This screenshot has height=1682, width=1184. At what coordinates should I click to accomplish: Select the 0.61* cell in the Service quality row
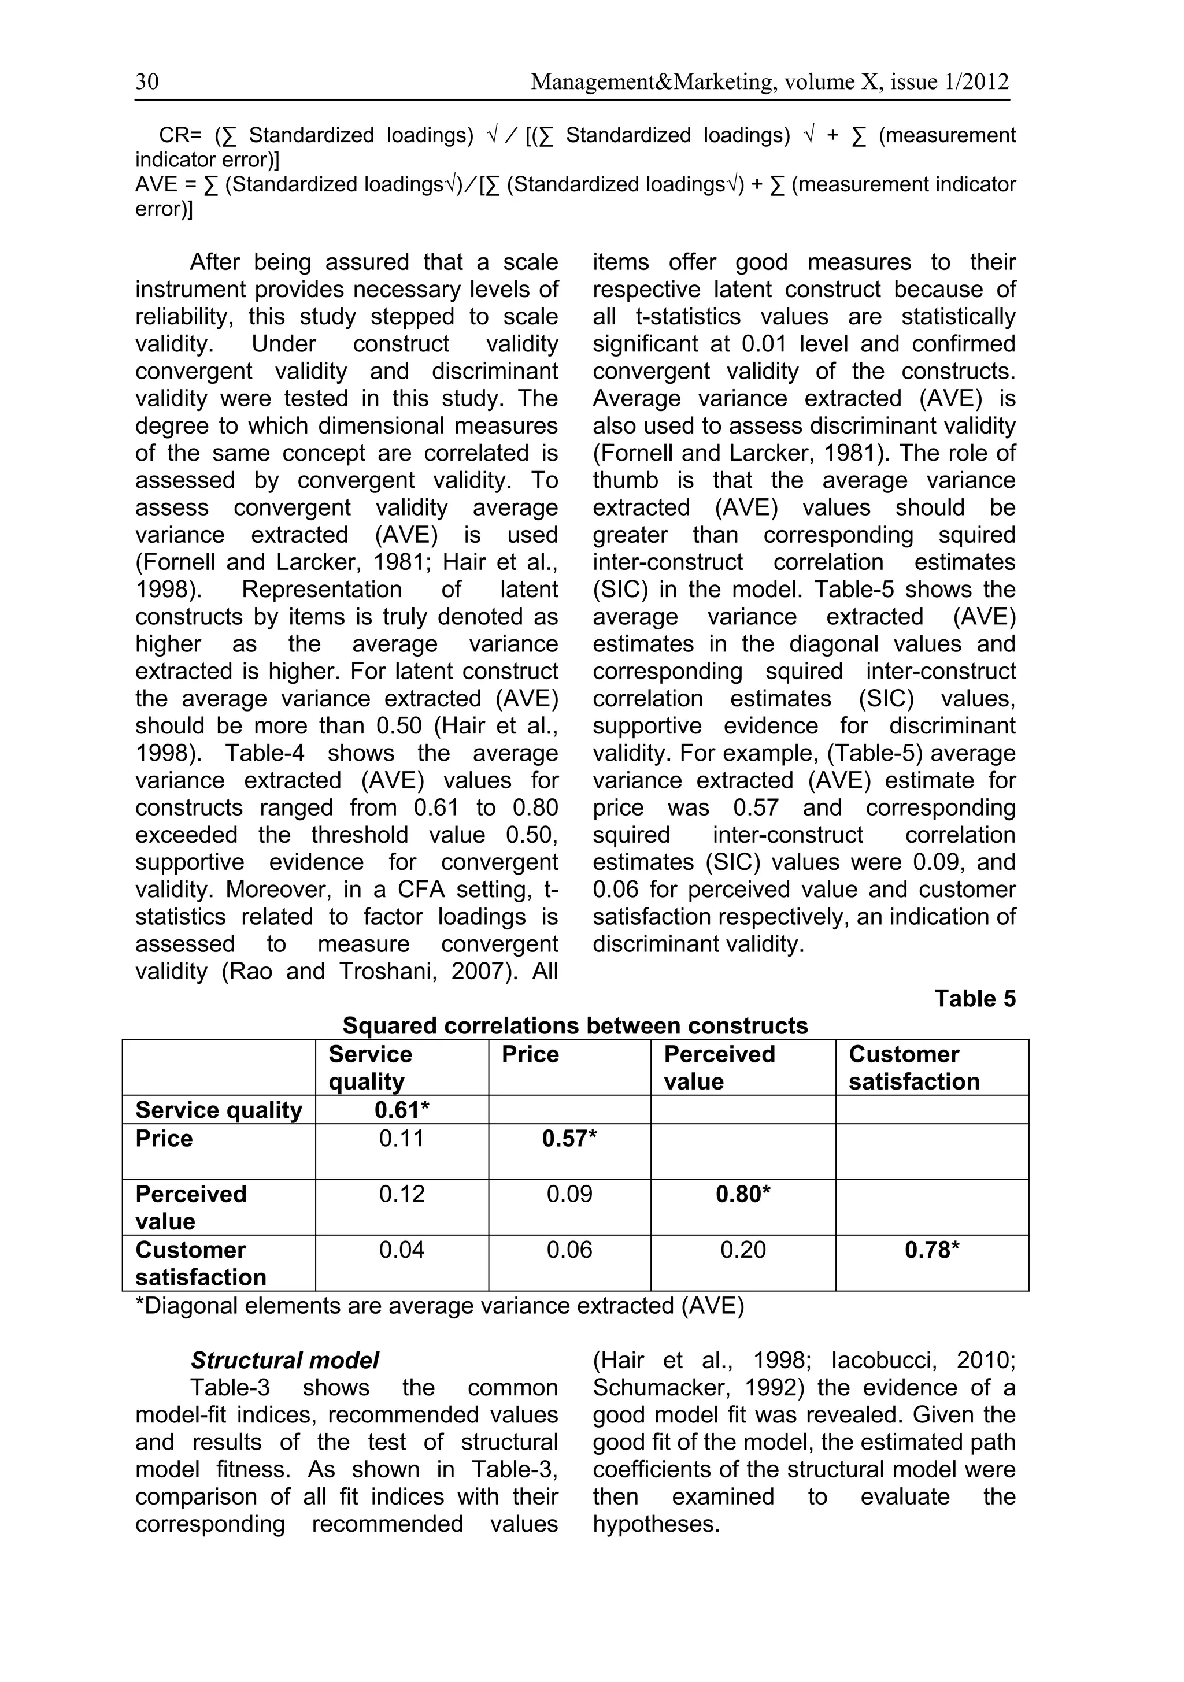click(x=401, y=1110)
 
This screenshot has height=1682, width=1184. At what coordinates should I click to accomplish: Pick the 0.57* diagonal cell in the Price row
click(x=569, y=1139)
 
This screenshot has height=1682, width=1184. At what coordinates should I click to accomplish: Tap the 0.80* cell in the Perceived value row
click(x=743, y=1194)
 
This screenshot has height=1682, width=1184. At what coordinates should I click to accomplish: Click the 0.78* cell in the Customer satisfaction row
click(x=932, y=1250)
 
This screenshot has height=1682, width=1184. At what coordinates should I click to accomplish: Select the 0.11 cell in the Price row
click(x=401, y=1139)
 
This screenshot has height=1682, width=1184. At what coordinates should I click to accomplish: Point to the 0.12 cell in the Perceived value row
click(x=401, y=1194)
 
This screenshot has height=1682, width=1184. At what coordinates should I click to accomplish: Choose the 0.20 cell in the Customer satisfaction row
click(x=743, y=1250)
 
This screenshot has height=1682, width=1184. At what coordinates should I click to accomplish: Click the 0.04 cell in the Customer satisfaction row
click(x=401, y=1250)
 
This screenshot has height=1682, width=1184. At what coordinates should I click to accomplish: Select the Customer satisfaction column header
click(x=913, y=1068)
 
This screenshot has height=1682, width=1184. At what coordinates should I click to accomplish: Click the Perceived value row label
click(x=191, y=1207)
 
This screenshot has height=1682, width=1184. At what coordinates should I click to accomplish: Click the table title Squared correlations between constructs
click(x=575, y=1025)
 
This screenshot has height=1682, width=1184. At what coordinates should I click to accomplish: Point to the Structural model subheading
click(x=284, y=1361)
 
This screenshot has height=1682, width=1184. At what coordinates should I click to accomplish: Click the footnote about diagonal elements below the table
click(x=439, y=1306)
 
